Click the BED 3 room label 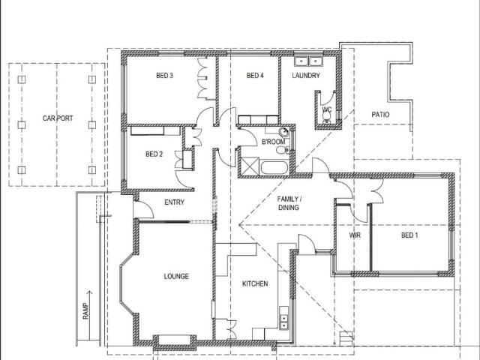tap(165, 76)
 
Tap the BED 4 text tap(255, 76)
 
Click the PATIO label tap(381, 115)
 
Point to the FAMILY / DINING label tap(289, 202)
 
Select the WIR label tap(355, 235)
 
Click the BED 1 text tap(409, 235)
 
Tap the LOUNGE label tap(176, 276)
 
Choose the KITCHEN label tap(255, 284)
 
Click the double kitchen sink tap(284, 321)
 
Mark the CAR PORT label tap(57, 119)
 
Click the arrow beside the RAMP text tap(90, 298)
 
